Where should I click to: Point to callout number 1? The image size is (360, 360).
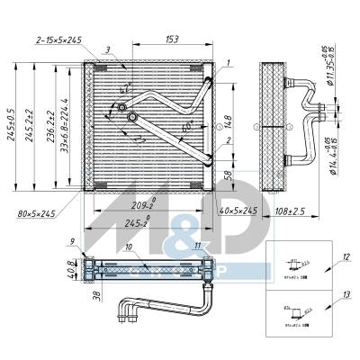(229, 62)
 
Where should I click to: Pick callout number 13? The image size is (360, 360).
(346, 295)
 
